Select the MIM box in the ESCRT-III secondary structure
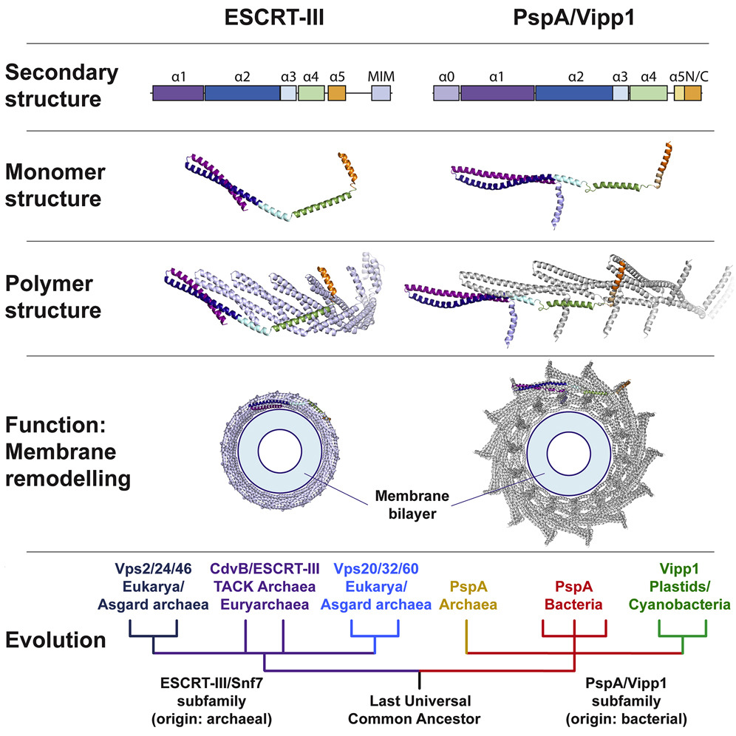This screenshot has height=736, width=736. [381, 93]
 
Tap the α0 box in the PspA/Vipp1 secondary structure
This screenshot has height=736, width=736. [446, 93]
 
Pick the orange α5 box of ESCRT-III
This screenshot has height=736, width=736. [336, 93]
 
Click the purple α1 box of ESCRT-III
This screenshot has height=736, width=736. [178, 93]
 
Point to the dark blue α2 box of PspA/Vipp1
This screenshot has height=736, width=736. [573, 93]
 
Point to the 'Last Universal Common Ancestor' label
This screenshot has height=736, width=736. [419, 707]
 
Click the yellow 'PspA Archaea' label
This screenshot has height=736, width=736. [468, 597]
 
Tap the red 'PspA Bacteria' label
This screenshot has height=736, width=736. [574, 597]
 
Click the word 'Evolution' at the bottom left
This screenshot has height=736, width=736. [55, 640]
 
